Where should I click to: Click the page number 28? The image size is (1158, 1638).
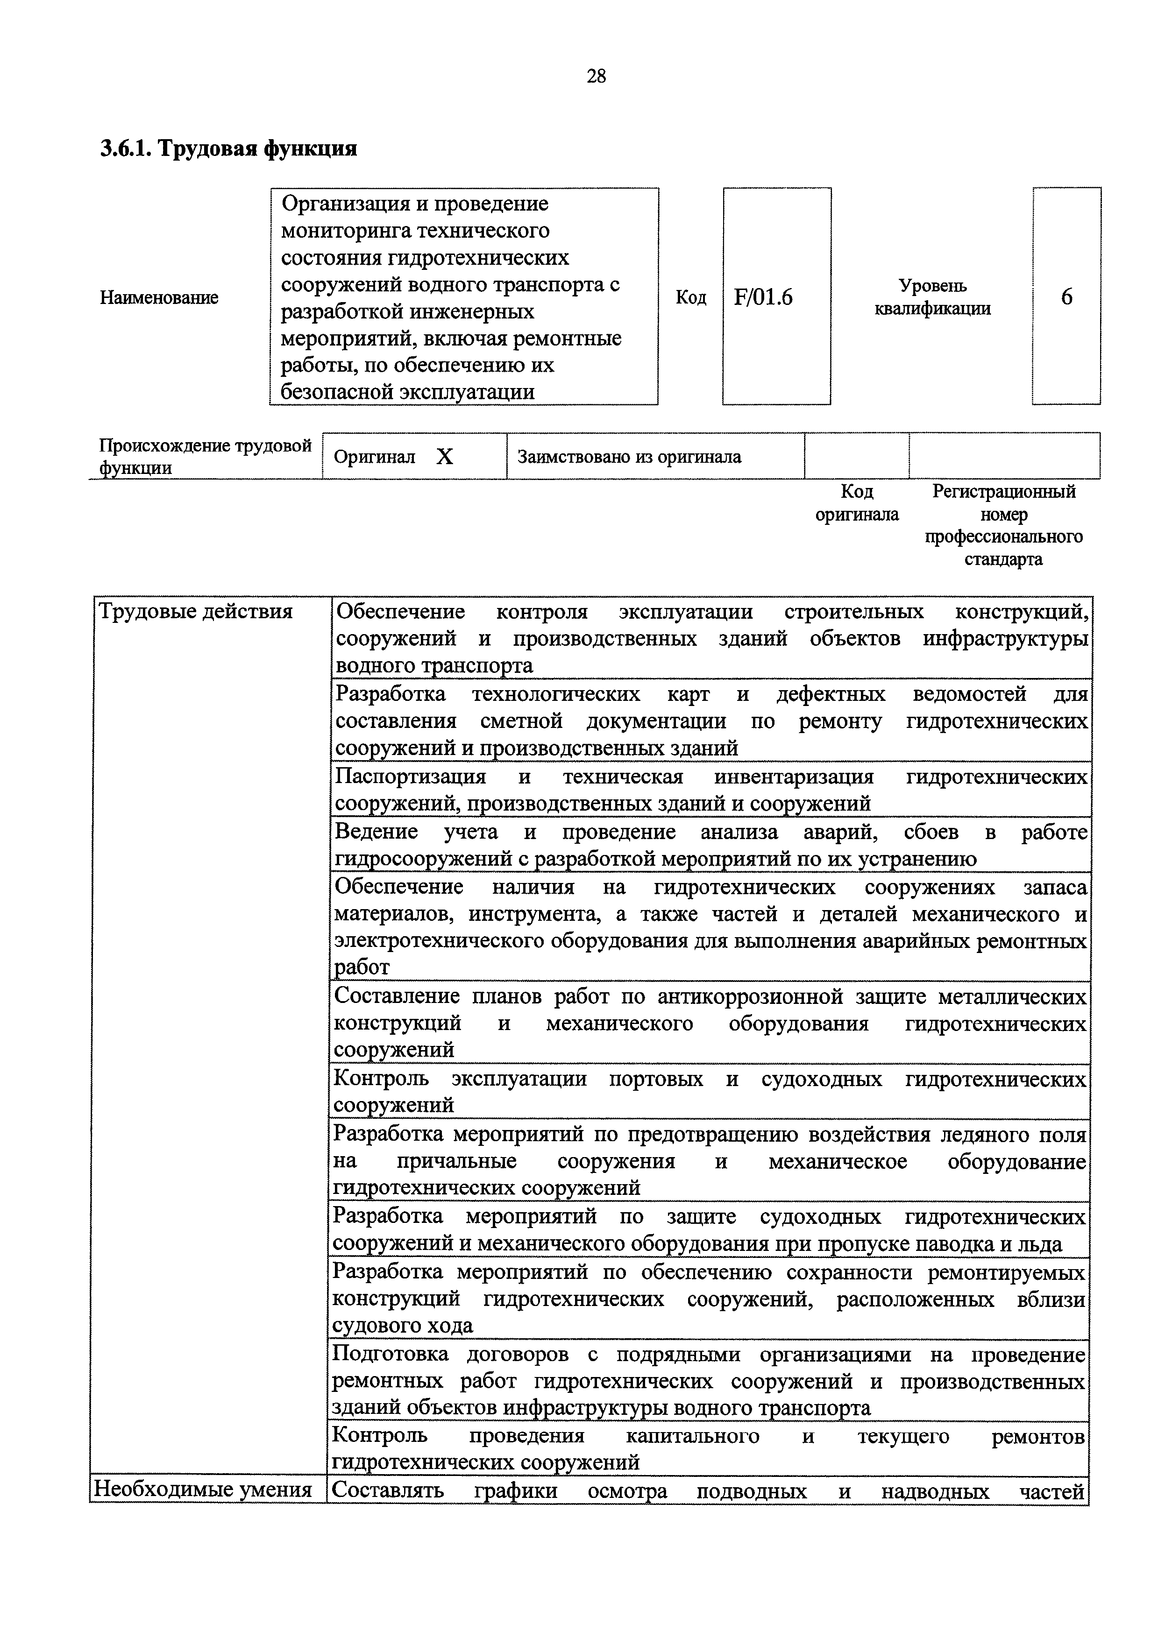[x=596, y=76]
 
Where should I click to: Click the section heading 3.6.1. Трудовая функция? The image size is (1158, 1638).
[x=228, y=148]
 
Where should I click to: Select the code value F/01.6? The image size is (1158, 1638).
[x=763, y=297]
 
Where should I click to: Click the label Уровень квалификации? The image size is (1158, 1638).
[x=932, y=297]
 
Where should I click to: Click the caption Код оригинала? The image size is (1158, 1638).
[x=856, y=503]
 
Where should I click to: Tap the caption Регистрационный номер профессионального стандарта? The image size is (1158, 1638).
[x=1003, y=525]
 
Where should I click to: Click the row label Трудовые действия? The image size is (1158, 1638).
[x=196, y=611]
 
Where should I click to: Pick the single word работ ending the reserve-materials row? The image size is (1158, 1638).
[x=362, y=968]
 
